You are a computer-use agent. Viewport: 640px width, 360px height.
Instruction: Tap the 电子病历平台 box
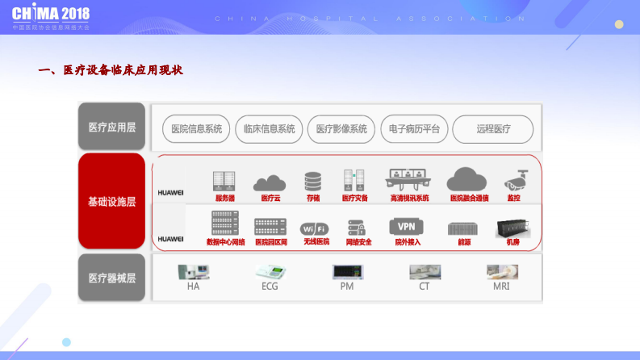click(x=414, y=128)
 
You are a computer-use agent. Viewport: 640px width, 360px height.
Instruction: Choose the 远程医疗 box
click(x=492, y=128)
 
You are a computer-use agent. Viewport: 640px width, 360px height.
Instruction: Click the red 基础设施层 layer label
click(x=111, y=202)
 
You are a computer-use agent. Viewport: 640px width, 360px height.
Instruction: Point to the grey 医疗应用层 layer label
click(x=111, y=127)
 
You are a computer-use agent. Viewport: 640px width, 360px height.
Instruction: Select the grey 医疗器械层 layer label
click(x=111, y=278)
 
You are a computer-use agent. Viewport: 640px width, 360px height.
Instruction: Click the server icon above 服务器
click(x=224, y=181)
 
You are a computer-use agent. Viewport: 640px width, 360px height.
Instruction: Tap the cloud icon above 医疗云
click(x=270, y=182)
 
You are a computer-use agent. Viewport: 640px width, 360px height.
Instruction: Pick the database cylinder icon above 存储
click(x=312, y=181)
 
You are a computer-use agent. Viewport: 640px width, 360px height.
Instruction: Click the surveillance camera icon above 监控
click(x=514, y=180)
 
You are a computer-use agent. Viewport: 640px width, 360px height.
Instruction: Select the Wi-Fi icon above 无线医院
click(x=315, y=228)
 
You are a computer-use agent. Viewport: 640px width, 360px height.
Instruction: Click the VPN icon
click(x=406, y=226)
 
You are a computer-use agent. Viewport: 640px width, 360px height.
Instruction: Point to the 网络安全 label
click(x=358, y=242)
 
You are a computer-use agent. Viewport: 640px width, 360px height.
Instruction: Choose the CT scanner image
click(x=424, y=271)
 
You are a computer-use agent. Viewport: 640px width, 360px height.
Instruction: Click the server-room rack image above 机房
click(x=512, y=228)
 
